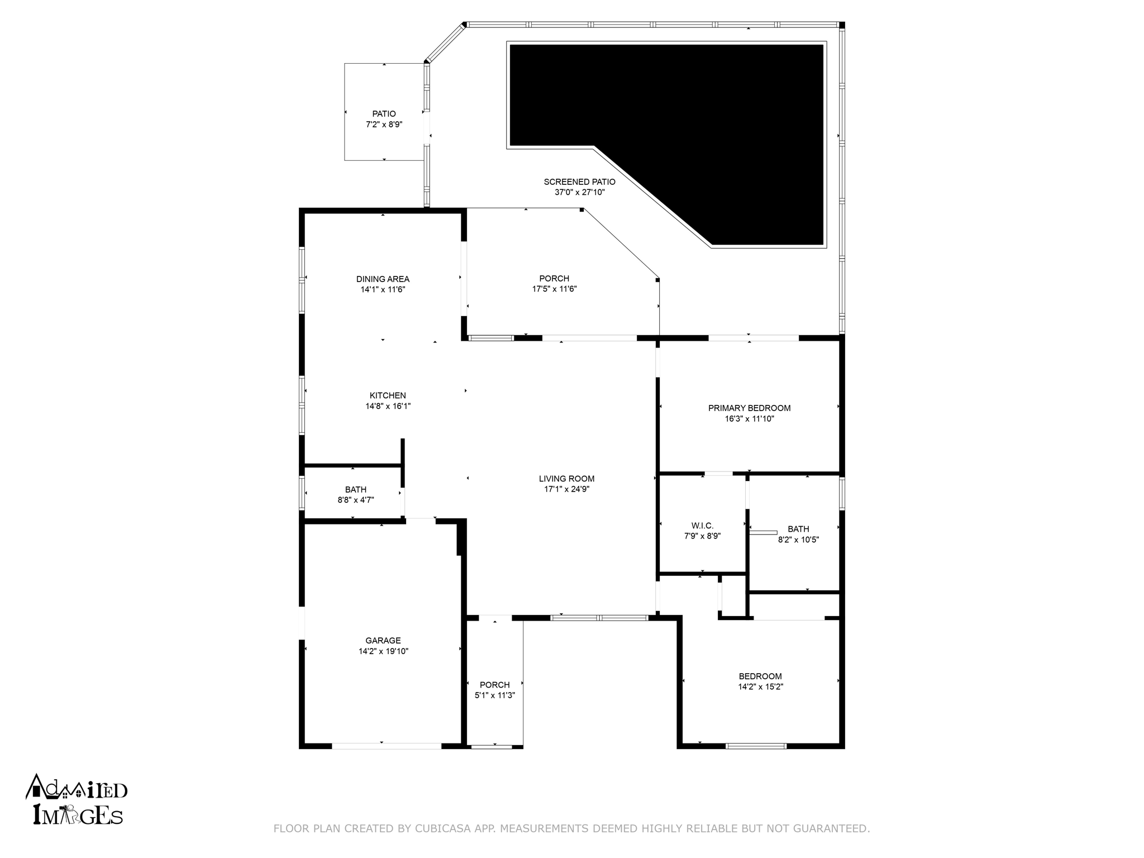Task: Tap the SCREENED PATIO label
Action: coord(580,182)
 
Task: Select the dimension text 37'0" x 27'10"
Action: coord(580,193)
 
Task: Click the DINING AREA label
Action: coord(383,279)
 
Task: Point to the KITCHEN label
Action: coord(388,396)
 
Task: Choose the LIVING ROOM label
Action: coord(566,479)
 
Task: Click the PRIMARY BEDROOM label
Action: coord(749,408)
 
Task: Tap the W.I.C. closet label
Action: coord(702,526)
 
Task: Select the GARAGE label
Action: coord(383,641)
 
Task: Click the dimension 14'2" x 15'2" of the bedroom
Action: coord(760,687)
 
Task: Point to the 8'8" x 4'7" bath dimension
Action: coord(356,500)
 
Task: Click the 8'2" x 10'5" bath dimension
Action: coord(798,540)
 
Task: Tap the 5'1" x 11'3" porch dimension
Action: coord(494,695)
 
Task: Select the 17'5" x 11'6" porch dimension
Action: coord(554,289)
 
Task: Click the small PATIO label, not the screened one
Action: coord(384,114)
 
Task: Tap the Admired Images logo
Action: coord(77,799)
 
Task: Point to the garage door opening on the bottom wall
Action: coord(387,746)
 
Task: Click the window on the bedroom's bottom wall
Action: coord(756,746)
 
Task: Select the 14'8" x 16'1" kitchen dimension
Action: coord(388,407)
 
